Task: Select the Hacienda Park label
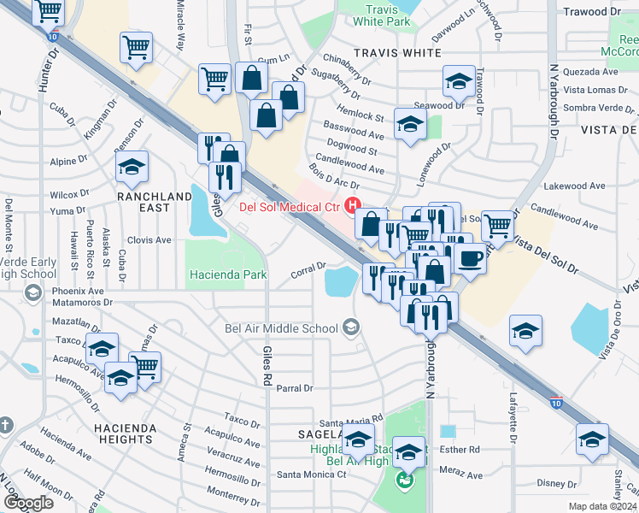227,274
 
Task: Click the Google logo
27,503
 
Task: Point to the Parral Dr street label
295,388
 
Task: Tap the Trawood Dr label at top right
592,12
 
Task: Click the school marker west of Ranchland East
132,168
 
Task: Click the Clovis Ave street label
149,240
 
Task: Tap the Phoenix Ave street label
77,291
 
